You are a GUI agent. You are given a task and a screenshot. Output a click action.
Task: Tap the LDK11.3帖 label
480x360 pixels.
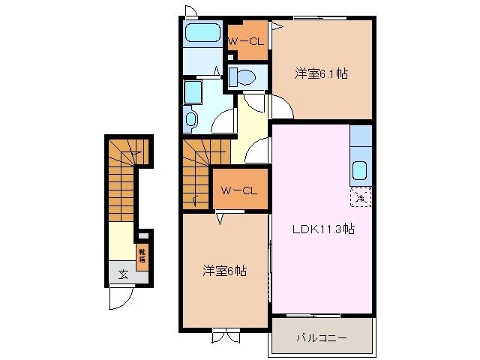tap(322, 230)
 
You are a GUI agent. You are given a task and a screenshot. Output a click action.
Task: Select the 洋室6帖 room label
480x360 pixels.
tap(223, 271)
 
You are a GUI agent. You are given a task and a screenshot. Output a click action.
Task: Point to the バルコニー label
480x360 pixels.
tap(322, 338)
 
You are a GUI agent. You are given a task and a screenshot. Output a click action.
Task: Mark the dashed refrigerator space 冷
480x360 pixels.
tap(360, 198)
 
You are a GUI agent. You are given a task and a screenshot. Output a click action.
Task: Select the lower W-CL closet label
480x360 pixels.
tap(239, 190)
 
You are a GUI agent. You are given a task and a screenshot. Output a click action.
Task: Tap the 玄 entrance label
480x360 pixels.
tap(121, 273)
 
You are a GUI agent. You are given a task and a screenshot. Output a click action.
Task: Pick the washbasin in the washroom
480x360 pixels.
tap(190, 118)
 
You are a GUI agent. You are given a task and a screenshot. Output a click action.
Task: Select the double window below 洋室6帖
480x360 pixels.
tap(223, 335)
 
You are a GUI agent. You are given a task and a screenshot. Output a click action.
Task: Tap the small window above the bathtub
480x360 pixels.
tap(190, 10)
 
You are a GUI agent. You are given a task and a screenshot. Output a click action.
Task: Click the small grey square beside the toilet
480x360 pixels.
tap(231, 55)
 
